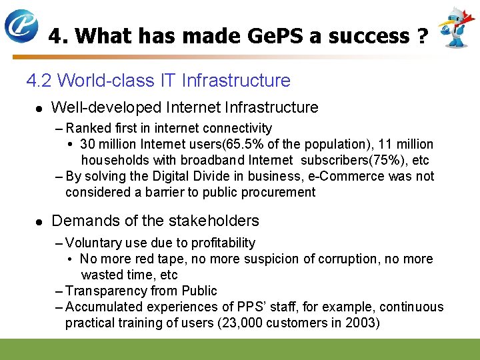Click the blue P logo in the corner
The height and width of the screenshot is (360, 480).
click(x=21, y=26)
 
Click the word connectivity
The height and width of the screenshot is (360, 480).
click(x=237, y=128)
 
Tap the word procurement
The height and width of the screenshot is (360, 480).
click(x=279, y=192)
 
